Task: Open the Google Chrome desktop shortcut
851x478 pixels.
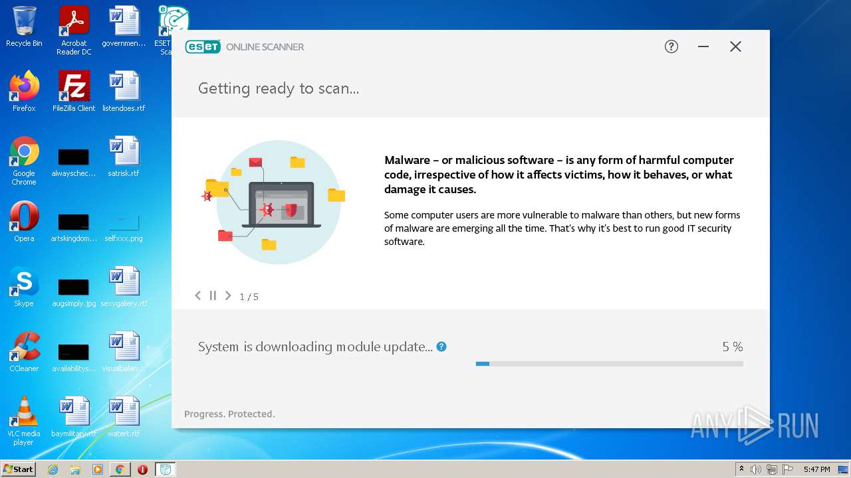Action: coord(24,152)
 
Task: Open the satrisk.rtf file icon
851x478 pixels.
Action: coord(124,152)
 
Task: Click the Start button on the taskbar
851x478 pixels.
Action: coord(18,469)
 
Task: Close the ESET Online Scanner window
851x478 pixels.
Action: coord(735,46)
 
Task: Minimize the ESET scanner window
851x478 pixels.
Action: coord(703,46)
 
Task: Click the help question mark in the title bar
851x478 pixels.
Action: coord(671,46)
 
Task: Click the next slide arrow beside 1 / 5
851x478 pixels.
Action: coord(228,295)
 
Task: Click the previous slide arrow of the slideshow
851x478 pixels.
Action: coord(197,295)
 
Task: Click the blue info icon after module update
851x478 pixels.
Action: coord(441,347)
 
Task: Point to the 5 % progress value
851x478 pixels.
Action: coord(732,347)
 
